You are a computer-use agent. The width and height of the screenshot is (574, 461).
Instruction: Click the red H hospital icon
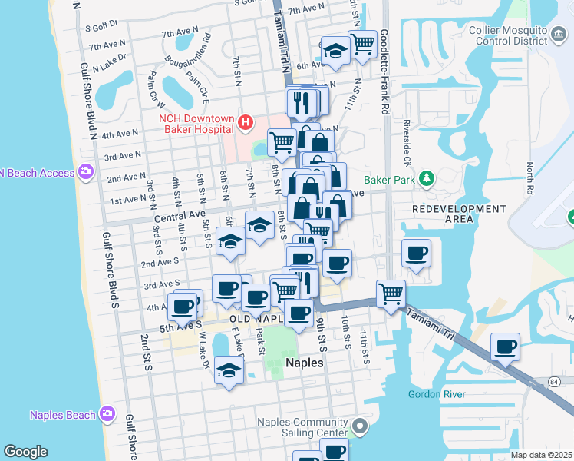click(x=245, y=121)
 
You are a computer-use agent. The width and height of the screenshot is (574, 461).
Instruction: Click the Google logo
click(x=25, y=452)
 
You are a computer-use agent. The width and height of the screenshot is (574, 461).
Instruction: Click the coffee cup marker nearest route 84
click(x=505, y=347)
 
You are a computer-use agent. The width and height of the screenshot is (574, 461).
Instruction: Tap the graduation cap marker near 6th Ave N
click(x=335, y=50)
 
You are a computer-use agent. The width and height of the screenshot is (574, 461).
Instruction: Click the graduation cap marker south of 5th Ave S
click(x=229, y=370)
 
